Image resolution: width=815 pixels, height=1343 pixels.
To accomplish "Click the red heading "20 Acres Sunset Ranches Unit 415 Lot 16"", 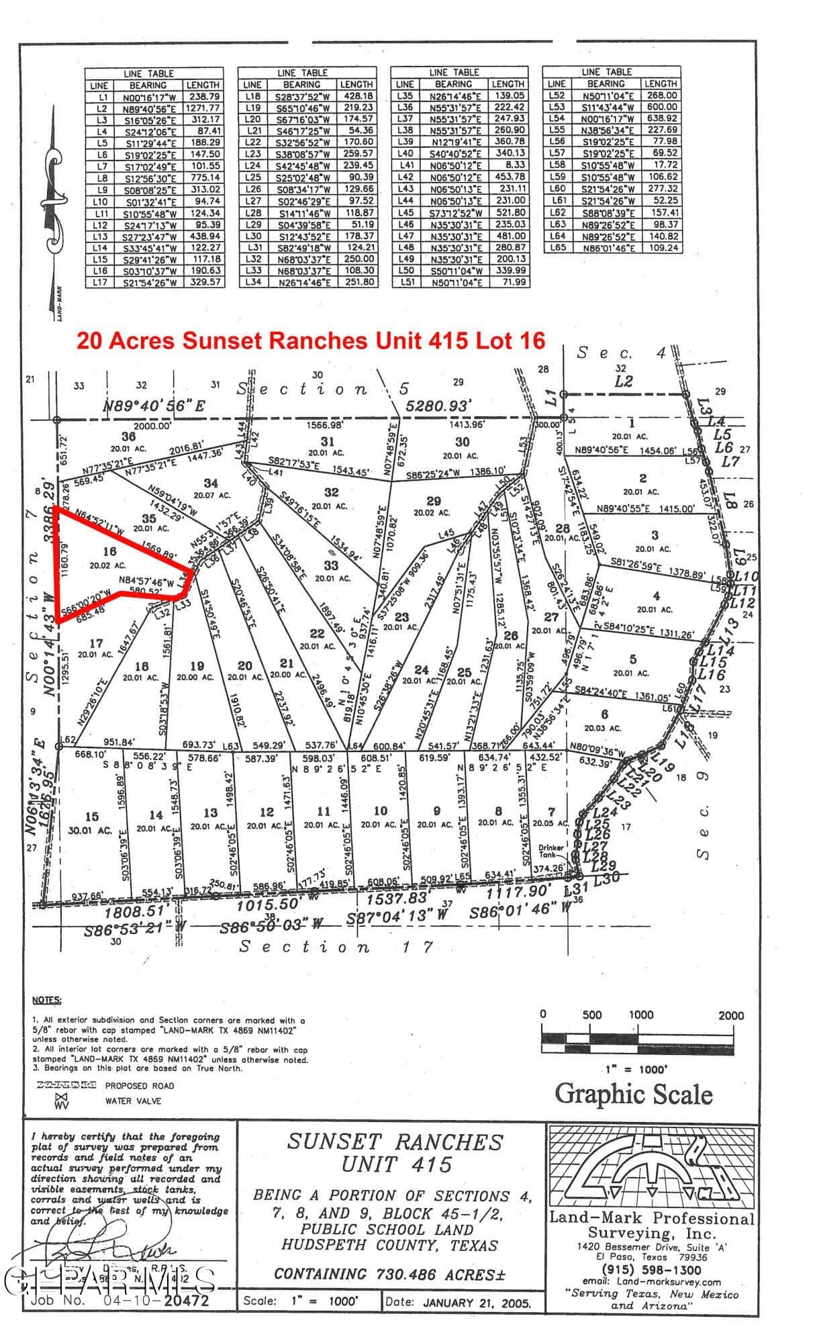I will tap(310, 340).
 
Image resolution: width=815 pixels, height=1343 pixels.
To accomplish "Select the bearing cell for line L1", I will tap(148, 97).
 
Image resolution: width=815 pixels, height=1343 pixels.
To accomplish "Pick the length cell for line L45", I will tap(508, 212).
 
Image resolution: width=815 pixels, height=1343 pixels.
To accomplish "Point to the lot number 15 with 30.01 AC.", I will tap(92, 817).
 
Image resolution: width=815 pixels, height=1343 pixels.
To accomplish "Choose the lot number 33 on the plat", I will tap(331, 565).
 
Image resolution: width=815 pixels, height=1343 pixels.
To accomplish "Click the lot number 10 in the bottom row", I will tap(381, 811).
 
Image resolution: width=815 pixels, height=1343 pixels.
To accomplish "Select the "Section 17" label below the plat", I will tap(304, 947).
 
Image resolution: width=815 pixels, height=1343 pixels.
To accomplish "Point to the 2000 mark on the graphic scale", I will tap(730, 1015).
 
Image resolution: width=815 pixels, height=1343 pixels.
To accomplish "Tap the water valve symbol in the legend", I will tap(62, 1101).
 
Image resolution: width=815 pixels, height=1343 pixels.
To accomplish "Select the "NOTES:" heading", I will tap(47, 1001).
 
